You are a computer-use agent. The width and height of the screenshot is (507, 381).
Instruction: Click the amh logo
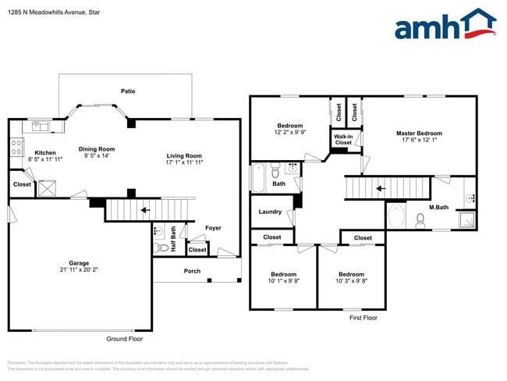(445, 25)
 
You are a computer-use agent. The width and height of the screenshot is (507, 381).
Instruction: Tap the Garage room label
(78, 263)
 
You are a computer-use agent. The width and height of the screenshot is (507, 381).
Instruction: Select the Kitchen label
(45, 152)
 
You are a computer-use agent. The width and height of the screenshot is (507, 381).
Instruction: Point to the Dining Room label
(97, 149)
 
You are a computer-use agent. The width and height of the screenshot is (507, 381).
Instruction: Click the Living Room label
(183, 155)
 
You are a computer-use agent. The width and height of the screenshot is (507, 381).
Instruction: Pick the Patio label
(128, 91)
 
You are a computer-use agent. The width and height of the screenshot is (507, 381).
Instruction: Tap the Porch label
(192, 271)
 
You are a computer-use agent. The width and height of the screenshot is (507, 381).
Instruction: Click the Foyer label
(213, 228)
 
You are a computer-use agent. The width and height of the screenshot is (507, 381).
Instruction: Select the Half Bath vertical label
(174, 239)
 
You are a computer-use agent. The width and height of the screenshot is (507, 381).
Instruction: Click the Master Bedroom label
(419, 134)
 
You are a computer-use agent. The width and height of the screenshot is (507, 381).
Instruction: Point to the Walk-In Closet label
(343, 140)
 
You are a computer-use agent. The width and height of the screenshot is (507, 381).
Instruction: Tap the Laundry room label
(270, 212)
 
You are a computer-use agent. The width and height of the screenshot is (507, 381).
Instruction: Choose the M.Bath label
(438, 207)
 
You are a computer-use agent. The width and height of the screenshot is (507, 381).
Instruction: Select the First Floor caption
(363, 318)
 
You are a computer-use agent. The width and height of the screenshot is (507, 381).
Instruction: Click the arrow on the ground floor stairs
(144, 210)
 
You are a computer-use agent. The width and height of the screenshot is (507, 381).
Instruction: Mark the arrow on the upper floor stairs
(381, 188)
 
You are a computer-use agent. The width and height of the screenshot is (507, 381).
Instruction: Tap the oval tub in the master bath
(396, 216)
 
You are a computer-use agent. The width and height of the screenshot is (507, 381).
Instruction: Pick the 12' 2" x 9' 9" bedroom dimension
(290, 133)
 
